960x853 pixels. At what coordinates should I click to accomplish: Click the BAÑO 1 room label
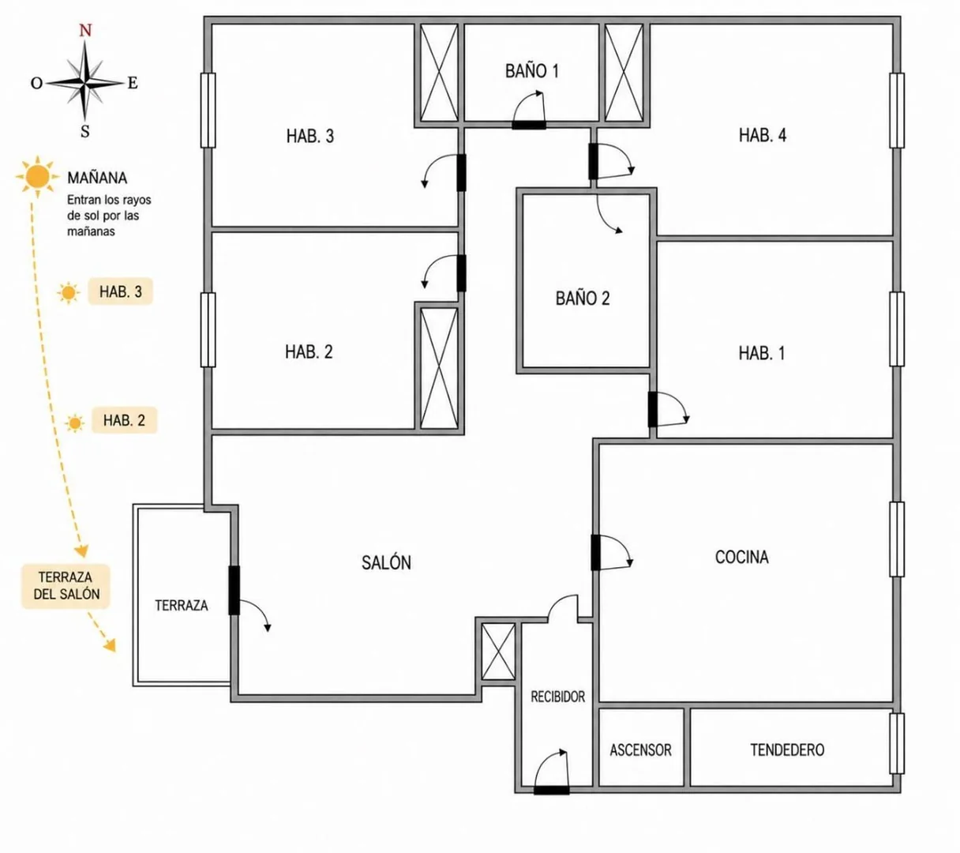tap(531, 71)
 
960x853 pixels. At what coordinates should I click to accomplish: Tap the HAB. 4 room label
tap(762, 136)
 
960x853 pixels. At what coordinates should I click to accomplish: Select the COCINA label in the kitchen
tap(741, 557)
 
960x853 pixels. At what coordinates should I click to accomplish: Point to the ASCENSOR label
tap(640, 750)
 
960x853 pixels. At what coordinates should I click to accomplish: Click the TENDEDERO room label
tap(787, 750)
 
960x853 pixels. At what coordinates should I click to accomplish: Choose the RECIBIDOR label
tap(557, 697)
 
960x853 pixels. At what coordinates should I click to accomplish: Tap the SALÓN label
tap(386, 562)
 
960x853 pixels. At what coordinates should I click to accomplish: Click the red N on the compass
tap(85, 31)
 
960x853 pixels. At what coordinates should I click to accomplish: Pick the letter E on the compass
tap(133, 83)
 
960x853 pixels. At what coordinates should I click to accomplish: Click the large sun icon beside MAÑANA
tap(37, 176)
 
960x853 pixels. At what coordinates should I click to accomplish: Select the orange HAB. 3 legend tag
tap(120, 291)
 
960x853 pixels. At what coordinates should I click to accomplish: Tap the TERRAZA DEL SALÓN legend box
tap(66, 586)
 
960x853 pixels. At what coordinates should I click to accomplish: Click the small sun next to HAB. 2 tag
tap(74, 423)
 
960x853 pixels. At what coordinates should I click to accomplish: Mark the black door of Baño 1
tap(529, 125)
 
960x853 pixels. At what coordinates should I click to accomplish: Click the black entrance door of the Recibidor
tap(552, 790)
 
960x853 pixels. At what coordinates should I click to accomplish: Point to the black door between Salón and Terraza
tap(234, 590)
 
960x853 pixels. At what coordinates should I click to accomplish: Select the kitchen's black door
tap(595, 552)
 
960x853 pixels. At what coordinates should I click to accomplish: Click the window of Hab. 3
tap(208, 110)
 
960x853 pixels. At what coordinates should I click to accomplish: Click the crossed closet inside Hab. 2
tap(439, 368)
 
